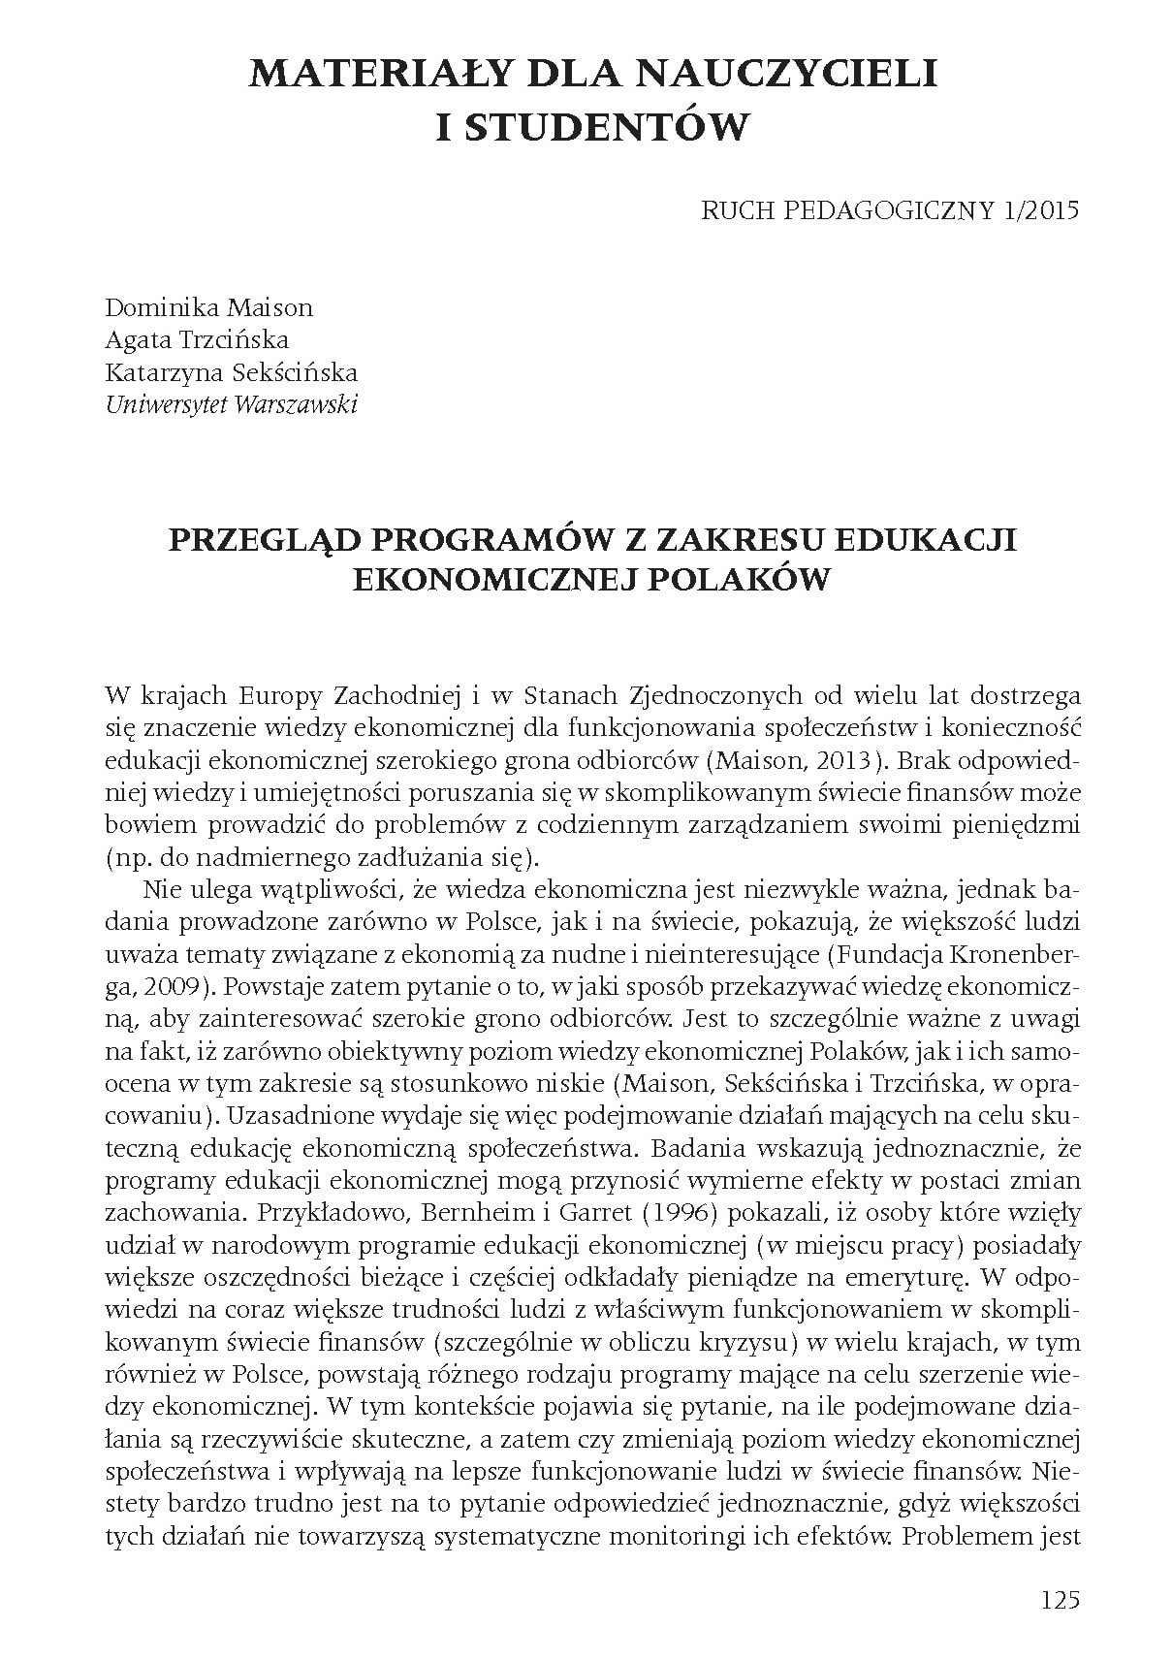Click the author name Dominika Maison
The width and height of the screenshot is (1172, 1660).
tap(208, 308)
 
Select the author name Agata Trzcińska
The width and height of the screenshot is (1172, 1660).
tap(197, 340)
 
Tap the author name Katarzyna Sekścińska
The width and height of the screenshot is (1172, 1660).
tap(231, 372)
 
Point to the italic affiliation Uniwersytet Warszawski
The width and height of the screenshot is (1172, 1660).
tap(231, 404)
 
